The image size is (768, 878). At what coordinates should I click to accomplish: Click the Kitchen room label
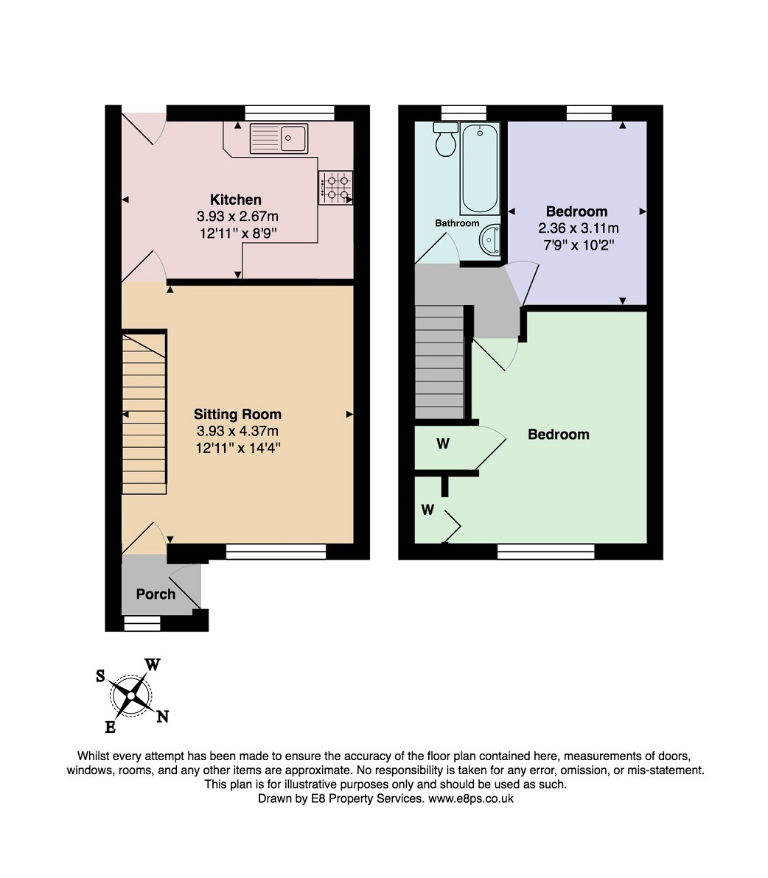pos(236,200)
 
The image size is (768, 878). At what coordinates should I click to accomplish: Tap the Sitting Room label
pos(237,415)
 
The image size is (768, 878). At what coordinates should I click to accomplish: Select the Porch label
pos(156,594)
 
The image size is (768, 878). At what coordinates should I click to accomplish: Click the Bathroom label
pos(457,223)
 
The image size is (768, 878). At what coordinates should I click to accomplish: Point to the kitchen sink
pos(279,138)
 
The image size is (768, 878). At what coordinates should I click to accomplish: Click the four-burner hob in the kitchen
pos(335,188)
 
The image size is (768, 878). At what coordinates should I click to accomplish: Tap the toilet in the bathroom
pos(446,139)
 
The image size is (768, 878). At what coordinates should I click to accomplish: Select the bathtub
pos(480,169)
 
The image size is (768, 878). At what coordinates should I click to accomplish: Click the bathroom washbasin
pos(489,239)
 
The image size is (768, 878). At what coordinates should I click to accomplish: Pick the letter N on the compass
pos(162,716)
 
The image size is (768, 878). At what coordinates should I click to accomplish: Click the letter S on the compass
pos(101,676)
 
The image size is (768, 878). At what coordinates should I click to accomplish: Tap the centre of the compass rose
pos(131,695)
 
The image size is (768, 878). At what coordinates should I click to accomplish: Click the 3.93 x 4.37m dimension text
pos(237,431)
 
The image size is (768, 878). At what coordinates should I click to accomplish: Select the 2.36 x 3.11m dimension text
pos(578,228)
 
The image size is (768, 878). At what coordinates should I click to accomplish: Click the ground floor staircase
pos(144,412)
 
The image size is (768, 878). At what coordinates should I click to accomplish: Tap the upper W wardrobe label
pos(443,444)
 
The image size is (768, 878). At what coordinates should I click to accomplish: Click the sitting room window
pos(276,552)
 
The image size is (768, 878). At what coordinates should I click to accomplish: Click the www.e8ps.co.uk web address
pos(471,798)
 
